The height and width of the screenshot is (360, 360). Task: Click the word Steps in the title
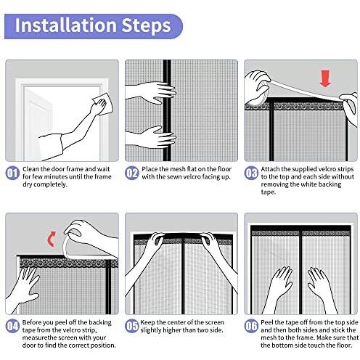[x=146, y=26]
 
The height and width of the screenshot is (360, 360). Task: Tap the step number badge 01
[x=12, y=173]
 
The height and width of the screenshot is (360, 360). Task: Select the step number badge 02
[x=132, y=173]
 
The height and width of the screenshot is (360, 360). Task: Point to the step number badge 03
[x=251, y=173]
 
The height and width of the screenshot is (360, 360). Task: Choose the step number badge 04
[x=12, y=326]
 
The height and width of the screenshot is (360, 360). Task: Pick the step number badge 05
[x=132, y=326]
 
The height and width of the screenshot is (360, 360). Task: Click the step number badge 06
[x=251, y=326]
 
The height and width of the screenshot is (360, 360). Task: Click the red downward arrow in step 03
[x=325, y=78]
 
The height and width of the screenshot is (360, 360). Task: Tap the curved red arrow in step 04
[x=52, y=239]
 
